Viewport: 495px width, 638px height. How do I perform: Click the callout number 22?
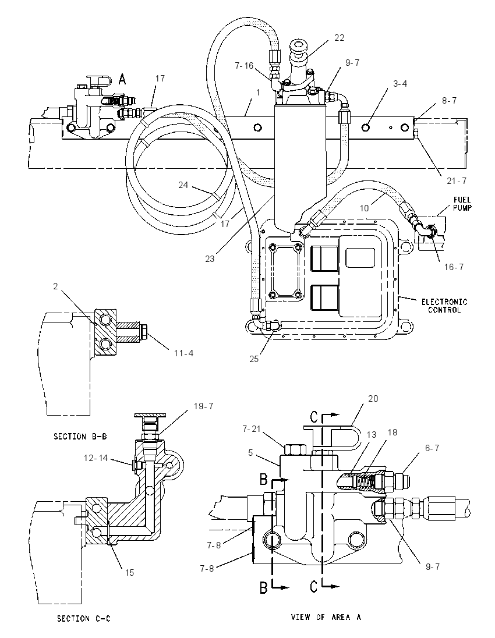(x=339, y=38)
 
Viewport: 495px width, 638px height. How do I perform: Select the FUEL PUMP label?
(x=462, y=204)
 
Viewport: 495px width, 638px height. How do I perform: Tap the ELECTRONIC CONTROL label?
(x=444, y=306)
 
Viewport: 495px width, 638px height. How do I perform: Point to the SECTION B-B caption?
(x=80, y=437)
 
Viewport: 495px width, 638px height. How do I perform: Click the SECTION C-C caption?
(x=83, y=619)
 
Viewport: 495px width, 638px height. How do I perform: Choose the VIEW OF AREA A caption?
(x=326, y=617)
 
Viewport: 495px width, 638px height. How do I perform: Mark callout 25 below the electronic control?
(x=253, y=359)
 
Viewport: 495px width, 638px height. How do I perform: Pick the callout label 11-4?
(x=183, y=353)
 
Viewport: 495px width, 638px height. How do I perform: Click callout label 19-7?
(x=203, y=406)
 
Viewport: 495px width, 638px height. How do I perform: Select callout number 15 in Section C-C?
(x=129, y=572)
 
